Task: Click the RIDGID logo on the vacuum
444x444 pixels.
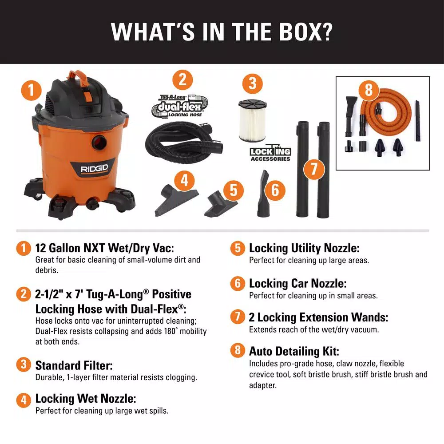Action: (x=94, y=169)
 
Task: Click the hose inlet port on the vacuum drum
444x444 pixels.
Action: (x=99, y=142)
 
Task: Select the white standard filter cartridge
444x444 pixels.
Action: (x=252, y=120)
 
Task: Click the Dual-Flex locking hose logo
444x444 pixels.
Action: (x=180, y=106)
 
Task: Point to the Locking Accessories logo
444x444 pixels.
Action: (x=270, y=153)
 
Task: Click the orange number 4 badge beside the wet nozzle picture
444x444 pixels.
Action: (x=184, y=180)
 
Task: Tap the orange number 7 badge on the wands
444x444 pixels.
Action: (x=313, y=169)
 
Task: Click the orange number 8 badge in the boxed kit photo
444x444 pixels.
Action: (x=369, y=90)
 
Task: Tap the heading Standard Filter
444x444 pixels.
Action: (x=74, y=365)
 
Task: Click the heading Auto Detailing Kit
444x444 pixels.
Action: (x=294, y=351)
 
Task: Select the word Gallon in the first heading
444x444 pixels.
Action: (x=64, y=248)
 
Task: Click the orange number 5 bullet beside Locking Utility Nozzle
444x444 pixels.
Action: (x=238, y=248)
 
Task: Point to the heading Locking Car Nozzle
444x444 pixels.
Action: (x=297, y=283)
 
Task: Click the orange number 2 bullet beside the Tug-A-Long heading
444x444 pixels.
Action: (x=24, y=294)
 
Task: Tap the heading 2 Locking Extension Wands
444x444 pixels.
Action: (x=318, y=317)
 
